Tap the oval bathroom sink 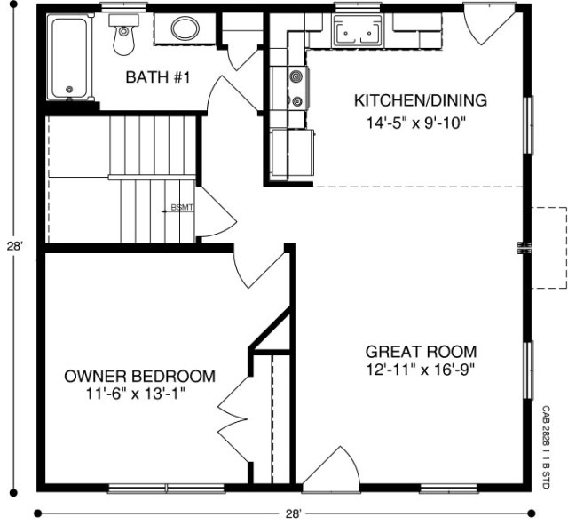[x=185, y=28]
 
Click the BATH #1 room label [x=159, y=78]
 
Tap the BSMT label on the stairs [x=181, y=208]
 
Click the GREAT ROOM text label [x=421, y=351]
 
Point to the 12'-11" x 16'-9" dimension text [x=422, y=370]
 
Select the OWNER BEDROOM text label [x=140, y=376]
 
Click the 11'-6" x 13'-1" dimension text [x=137, y=392]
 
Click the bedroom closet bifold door [x=233, y=410]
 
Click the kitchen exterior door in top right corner [x=486, y=26]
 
